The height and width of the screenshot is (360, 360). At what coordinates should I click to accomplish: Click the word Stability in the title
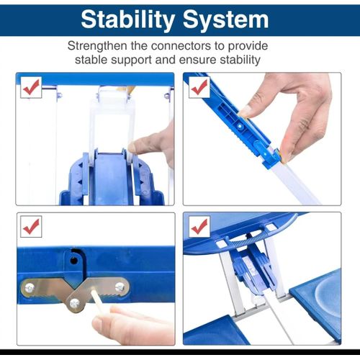click(128, 20)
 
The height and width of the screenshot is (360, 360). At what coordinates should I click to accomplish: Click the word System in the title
click(225, 20)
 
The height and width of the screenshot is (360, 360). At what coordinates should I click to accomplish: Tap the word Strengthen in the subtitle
click(97, 46)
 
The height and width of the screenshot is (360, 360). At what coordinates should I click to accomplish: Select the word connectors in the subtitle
click(181, 46)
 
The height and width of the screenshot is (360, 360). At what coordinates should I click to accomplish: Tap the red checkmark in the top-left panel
click(31, 87)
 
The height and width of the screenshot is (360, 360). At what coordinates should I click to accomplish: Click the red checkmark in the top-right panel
click(199, 87)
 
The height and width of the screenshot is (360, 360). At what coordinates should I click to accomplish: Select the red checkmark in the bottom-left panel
click(31, 227)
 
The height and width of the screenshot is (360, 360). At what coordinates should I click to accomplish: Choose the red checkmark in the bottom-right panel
click(199, 227)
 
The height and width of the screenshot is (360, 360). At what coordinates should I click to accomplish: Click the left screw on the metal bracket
click(30, 287)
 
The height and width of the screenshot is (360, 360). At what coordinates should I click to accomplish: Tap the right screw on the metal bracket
click(120, 287)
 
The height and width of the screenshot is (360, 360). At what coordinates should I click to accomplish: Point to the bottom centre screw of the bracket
click(75, 304)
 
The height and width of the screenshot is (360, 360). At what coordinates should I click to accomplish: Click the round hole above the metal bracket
click(74, 260)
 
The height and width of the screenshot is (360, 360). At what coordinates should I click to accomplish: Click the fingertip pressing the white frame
click(135, 147)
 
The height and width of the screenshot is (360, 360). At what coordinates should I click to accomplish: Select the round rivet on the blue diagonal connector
click(239, 125)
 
